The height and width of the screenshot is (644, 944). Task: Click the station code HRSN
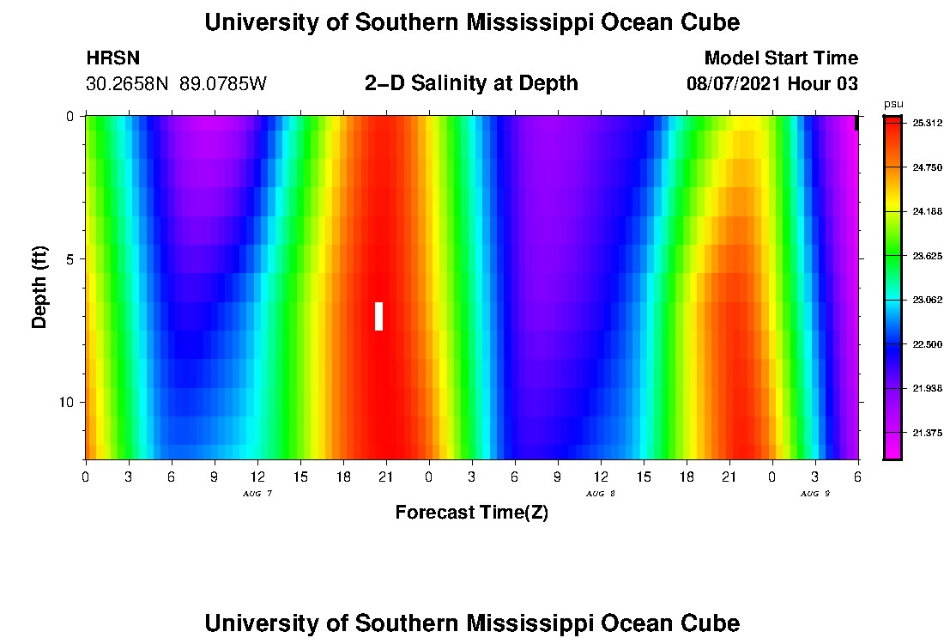[x=113, y=59]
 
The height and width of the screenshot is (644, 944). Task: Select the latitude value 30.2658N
[x=129, y=84]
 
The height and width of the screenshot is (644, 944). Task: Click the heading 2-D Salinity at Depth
[x=471, y=83]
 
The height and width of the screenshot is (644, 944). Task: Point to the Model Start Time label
[x=781, y=58]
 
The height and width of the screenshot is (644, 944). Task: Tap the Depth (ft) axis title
[x=39, y=287]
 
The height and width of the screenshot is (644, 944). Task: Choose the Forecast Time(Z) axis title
[x=471, y=513]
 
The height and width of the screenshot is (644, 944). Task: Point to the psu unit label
[x=893, y=105]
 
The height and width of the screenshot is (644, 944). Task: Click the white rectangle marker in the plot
[x=378, y=316]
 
